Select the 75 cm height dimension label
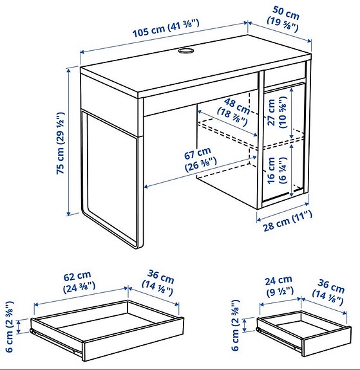pos(60,144)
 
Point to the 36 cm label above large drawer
pos(158,284)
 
